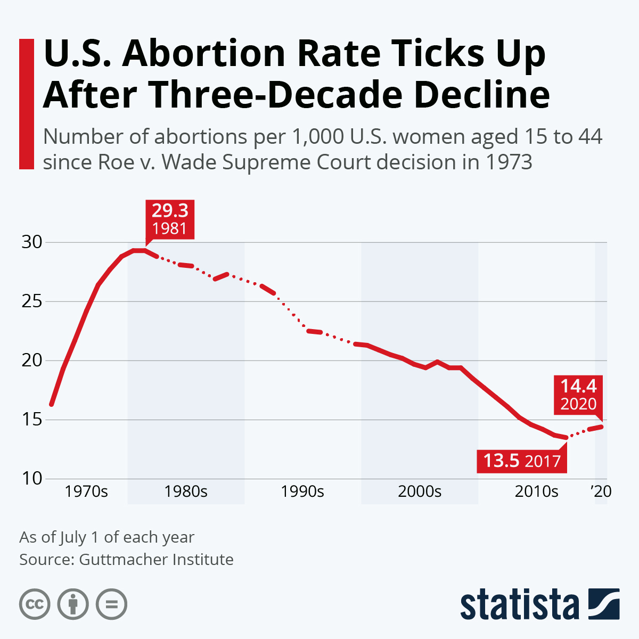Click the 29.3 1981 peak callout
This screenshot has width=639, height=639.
coord(170,219)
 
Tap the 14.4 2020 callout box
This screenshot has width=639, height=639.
coord(578,395)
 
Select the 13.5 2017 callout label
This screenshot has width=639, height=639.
coord(522,460)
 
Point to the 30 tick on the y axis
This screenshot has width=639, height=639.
coord(31,242)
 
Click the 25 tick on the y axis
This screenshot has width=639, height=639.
coord(31,301)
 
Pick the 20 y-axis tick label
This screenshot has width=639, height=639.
coord(31,361)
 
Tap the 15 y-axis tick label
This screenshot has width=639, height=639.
coord(31,420)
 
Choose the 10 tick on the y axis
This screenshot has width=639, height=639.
coord(31,478)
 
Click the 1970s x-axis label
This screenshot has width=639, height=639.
coord(86,491)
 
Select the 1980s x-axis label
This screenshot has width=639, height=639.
coord(186,491)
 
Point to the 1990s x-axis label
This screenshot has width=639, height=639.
coord(302,491)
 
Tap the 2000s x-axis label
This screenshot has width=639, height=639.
coord(420,491)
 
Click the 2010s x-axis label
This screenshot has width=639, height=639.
coord(536,491)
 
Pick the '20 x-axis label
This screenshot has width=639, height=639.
coord(601,491)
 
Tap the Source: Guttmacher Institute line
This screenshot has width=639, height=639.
coord(126,559)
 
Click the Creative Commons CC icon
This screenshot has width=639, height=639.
coord(35,604)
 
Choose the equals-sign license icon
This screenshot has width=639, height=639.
coord(111,604)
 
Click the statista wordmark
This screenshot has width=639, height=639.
coord(519,604)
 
